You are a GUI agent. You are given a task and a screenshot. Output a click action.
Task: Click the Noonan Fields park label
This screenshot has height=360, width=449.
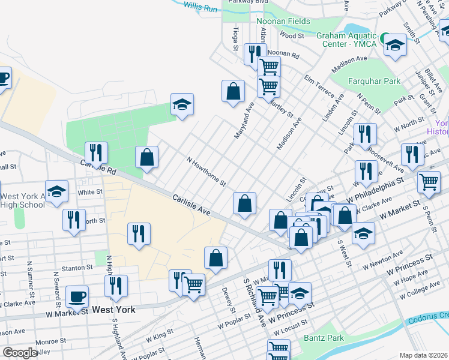pos(283,21)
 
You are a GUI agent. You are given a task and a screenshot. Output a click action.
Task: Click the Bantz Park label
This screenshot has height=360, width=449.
pos(324,338)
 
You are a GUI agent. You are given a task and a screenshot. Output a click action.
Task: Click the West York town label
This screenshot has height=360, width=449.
pos(114,310)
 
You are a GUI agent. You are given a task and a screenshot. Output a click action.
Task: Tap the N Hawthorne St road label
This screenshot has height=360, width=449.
pos(206,171)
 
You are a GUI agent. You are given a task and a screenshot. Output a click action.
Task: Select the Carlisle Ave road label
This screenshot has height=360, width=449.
pos(191,205)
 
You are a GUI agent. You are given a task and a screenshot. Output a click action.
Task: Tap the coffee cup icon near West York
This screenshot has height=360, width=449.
pos(77,296)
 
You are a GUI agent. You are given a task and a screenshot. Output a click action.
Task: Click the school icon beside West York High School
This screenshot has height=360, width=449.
pos(56,191)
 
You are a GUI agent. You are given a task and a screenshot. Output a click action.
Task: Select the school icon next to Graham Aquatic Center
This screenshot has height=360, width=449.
pos(395,44)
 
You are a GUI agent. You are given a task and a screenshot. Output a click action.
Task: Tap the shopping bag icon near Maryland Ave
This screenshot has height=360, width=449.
pos(233,92)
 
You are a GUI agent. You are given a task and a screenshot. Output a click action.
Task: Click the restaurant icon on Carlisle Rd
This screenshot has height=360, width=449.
pos(96,152)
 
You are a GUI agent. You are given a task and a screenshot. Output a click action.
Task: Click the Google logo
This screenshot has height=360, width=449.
pos(20,353)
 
